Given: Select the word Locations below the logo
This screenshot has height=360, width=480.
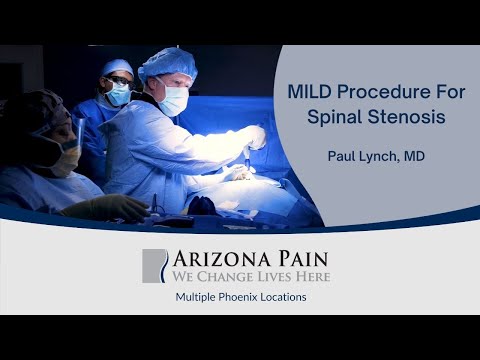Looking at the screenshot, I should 281,298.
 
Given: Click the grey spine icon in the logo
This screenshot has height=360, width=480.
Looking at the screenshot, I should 154,265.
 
